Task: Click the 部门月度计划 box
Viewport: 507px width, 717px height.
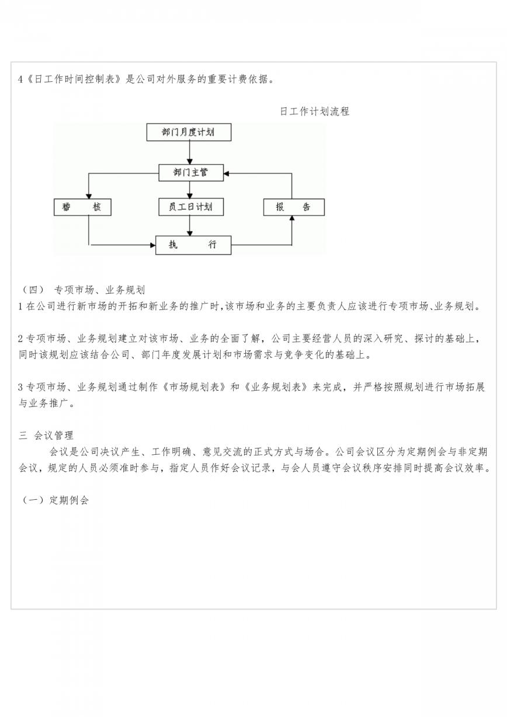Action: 189,132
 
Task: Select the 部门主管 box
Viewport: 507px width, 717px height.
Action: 191,173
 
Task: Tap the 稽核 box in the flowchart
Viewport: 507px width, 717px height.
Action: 82,207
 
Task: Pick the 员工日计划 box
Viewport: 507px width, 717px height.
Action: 191,207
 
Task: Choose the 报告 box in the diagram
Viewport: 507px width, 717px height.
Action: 294,207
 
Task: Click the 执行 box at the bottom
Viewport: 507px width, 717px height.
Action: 193,245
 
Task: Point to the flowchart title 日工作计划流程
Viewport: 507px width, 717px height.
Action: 314,112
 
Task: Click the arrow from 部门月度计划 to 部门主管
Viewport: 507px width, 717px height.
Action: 190,152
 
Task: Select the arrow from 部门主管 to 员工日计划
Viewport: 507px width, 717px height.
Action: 190,190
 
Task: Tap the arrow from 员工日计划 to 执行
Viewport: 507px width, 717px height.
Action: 190,226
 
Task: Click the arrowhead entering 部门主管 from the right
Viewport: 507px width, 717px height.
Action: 227,173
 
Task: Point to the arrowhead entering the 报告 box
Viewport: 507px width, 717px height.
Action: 292,218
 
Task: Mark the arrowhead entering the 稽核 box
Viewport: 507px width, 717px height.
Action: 89,196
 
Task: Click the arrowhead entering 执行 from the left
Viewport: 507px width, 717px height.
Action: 153,245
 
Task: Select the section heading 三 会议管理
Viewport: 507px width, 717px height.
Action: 46,436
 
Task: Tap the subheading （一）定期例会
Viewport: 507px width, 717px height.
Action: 54,500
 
